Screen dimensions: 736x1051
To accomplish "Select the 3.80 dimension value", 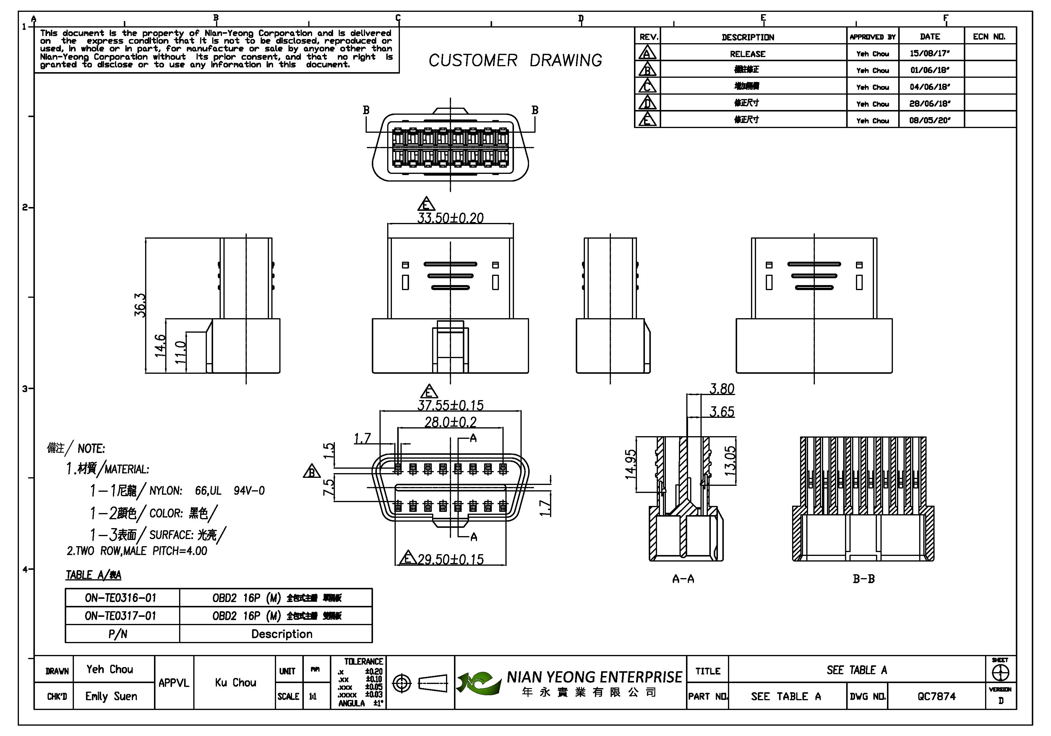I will click(721, 389).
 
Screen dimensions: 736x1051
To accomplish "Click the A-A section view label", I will click(683, 579).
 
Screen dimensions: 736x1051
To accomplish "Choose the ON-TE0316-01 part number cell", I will click(121, 598).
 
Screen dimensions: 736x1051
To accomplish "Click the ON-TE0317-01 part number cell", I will click(121, 616).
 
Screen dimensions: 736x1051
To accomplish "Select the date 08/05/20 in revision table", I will click(930, 120).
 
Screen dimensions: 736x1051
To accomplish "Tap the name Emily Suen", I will click(111, 696).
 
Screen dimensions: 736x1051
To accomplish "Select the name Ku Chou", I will click(235, 682).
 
